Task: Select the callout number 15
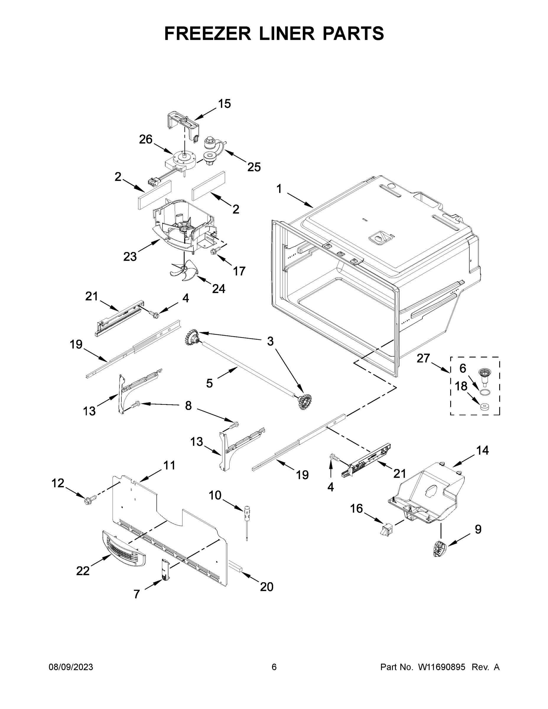pos(224,104)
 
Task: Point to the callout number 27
pos(423,358)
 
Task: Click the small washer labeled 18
pos(484,406)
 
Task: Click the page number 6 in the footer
pos(274,667)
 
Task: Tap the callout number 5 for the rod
pos(209,383)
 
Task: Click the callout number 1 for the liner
pos(279,188)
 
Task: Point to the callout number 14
pos(482,450)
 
